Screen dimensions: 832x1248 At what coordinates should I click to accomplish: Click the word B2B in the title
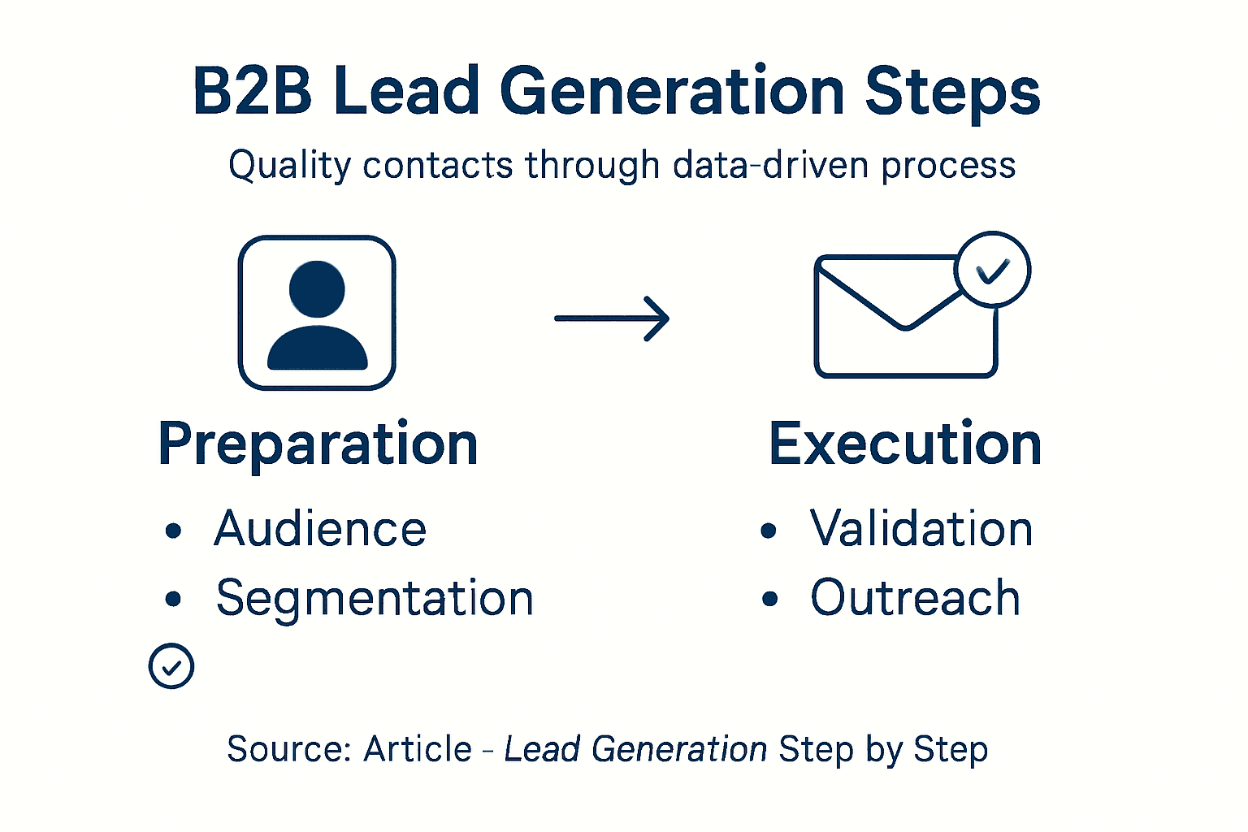click(x=252, y=91)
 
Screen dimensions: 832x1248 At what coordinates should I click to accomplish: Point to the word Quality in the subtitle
click(x=289, y=166)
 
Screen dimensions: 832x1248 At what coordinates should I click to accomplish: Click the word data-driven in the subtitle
click(x=770, y=165)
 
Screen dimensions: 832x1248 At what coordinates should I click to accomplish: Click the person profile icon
click(x=317, y=313)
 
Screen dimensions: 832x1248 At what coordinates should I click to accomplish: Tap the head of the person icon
click(x=317, y=288)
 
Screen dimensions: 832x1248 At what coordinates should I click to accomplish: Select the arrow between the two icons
click(x=612, y=318)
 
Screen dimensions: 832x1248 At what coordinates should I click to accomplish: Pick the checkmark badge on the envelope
click(x=992, y=270)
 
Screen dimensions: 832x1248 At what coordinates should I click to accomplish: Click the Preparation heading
click(x=318, y=444)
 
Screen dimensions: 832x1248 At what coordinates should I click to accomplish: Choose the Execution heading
click(x=905, y=444)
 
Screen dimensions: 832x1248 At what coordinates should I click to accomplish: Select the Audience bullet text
click(x=320, y=529)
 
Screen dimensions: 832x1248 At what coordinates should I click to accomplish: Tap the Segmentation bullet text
click(x=375, y=599)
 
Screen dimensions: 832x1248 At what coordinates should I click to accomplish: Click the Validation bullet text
click(x=921, y=529)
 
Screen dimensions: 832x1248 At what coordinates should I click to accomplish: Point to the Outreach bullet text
click(x=915, y=599)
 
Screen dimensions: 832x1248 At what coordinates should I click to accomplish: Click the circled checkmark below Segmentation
click(x=171, y=666)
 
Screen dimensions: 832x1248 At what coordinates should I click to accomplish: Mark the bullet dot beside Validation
click(x=769, y=531)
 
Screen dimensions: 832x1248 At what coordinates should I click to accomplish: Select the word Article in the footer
click(x=418, y=749)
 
